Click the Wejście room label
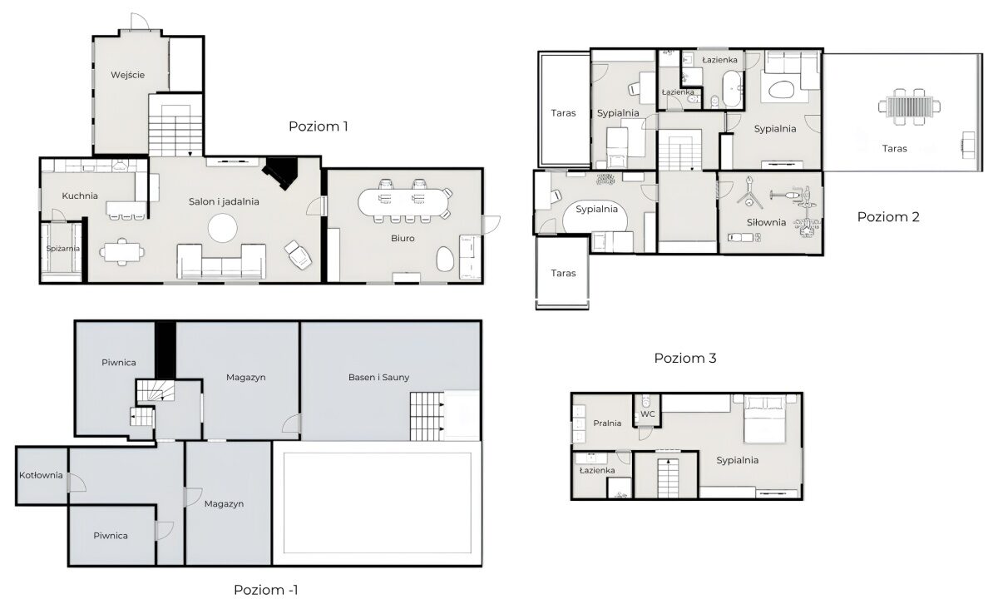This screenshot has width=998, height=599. point(128,75)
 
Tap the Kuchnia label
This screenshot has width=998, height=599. point(80,196)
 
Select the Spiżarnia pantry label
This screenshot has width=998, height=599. point(63,248)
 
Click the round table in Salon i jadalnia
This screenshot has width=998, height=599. point(223,228)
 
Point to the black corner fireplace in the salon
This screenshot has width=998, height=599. point(282,171)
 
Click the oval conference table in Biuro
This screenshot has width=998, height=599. point(403,202)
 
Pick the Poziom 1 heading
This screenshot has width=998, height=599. point(318,126)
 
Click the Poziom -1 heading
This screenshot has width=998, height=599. point(266,590)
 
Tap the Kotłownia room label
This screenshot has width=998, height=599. point(41,475)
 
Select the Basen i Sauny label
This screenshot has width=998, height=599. point(378,377)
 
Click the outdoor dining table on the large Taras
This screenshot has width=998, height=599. point(909,107)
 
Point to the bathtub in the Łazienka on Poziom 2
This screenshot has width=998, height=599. point(732,89)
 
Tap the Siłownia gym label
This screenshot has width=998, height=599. point(766,222)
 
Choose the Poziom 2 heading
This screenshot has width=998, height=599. point(888,217)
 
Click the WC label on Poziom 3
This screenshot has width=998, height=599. point(648,414)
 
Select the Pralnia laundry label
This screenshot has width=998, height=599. point(607,423)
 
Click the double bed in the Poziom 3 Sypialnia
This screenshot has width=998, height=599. point(764,419)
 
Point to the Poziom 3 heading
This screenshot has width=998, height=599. point(685,358)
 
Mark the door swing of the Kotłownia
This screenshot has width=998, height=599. point(77,483)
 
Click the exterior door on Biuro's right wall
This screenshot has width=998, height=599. point(492,225)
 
